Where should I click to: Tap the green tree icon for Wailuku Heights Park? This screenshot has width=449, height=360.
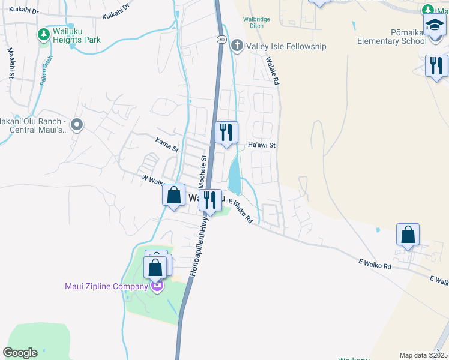click(x=43, y=35)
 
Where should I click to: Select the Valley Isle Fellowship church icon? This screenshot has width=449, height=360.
click(x=237, y=46)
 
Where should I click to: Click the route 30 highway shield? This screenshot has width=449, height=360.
click(x=221, y=39)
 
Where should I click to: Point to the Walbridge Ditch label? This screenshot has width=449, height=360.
click(x=256, y=22)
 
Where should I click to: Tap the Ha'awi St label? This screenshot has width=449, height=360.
click(x=261, y=145)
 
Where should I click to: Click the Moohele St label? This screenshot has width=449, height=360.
click(x=203, y=171)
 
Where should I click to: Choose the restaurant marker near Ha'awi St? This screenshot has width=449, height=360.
click(x=226, y=133)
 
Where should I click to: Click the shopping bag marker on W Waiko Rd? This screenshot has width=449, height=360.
click(x=173, y=195)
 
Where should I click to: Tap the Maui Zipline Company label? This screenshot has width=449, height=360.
click(x=106, y=286)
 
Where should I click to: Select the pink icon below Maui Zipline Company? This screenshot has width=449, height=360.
click(x=157, y=286)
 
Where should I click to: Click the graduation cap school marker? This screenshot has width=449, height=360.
click(x=434, y=26)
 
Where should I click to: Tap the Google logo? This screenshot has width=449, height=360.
click(x=20, y=353)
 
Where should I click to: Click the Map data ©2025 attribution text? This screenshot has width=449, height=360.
click(x=423, y=355)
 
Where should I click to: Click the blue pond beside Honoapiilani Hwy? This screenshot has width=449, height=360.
click(x=235, y=174)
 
